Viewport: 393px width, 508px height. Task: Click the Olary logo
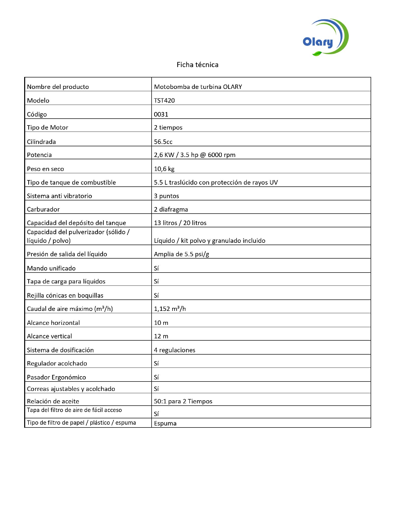click(325, 38)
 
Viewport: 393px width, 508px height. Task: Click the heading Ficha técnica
click(197, 65)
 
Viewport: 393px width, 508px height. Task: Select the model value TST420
click(164, 101)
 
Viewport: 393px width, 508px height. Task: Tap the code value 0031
click(161, 114)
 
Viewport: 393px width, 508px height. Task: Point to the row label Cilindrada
click(41, 142)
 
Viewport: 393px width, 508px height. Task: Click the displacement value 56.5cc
click(163, 142)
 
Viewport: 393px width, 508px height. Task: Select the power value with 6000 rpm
click(195, 155)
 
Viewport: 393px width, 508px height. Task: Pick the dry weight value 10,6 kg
click(164, 169)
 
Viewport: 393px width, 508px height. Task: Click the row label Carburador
click(43, 209)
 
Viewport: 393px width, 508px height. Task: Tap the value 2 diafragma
click(171, 209)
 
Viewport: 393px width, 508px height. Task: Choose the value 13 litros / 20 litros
click(180, 223)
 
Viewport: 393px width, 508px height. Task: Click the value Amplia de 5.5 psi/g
click(181, 254)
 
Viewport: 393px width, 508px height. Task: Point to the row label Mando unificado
click(51, 268)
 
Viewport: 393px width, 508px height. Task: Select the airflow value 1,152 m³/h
click(170, 309)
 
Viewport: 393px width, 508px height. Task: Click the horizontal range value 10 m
click(161, 323)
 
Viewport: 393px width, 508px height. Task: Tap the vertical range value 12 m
click(161, 336)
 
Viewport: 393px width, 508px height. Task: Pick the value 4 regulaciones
click(174, 350)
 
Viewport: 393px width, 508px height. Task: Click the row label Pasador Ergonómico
click(56, 377)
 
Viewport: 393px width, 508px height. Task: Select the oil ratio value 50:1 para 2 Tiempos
click(183, 401)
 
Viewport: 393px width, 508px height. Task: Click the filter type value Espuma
click(165, 423)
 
